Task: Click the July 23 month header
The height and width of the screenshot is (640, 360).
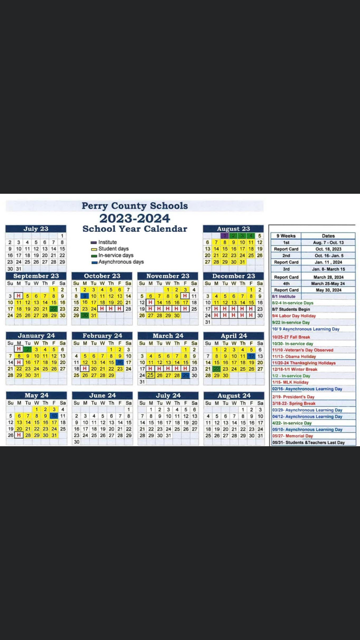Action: coord(36,229)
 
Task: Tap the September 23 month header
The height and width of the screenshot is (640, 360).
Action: coord(36,276)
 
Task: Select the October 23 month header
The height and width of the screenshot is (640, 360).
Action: coord(102,276)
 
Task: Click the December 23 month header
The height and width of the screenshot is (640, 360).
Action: coord(233,276)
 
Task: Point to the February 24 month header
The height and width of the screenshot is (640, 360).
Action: coord(102,336)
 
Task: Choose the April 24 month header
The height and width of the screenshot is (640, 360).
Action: coord(233,336)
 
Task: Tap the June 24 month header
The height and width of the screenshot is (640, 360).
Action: coord(102,395)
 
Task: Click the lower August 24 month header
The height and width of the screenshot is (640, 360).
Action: coord(233,395)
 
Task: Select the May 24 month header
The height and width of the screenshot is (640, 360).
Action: coord(36,395)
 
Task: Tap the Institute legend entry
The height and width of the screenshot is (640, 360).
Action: coord(109,241)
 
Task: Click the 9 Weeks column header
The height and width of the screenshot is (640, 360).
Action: coord(286,235)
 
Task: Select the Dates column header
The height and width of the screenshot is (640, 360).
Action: coord(328,235)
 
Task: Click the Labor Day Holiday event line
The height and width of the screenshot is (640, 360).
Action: coord(295,316)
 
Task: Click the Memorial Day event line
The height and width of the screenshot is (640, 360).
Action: coord(294,435)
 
